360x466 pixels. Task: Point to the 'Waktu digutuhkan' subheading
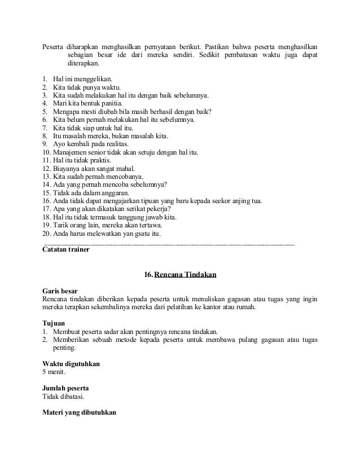coord(72,364)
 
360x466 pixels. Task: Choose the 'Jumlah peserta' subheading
coord(65,389)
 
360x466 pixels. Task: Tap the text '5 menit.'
coord(55,372)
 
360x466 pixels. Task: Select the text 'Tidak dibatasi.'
coord(63,397)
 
